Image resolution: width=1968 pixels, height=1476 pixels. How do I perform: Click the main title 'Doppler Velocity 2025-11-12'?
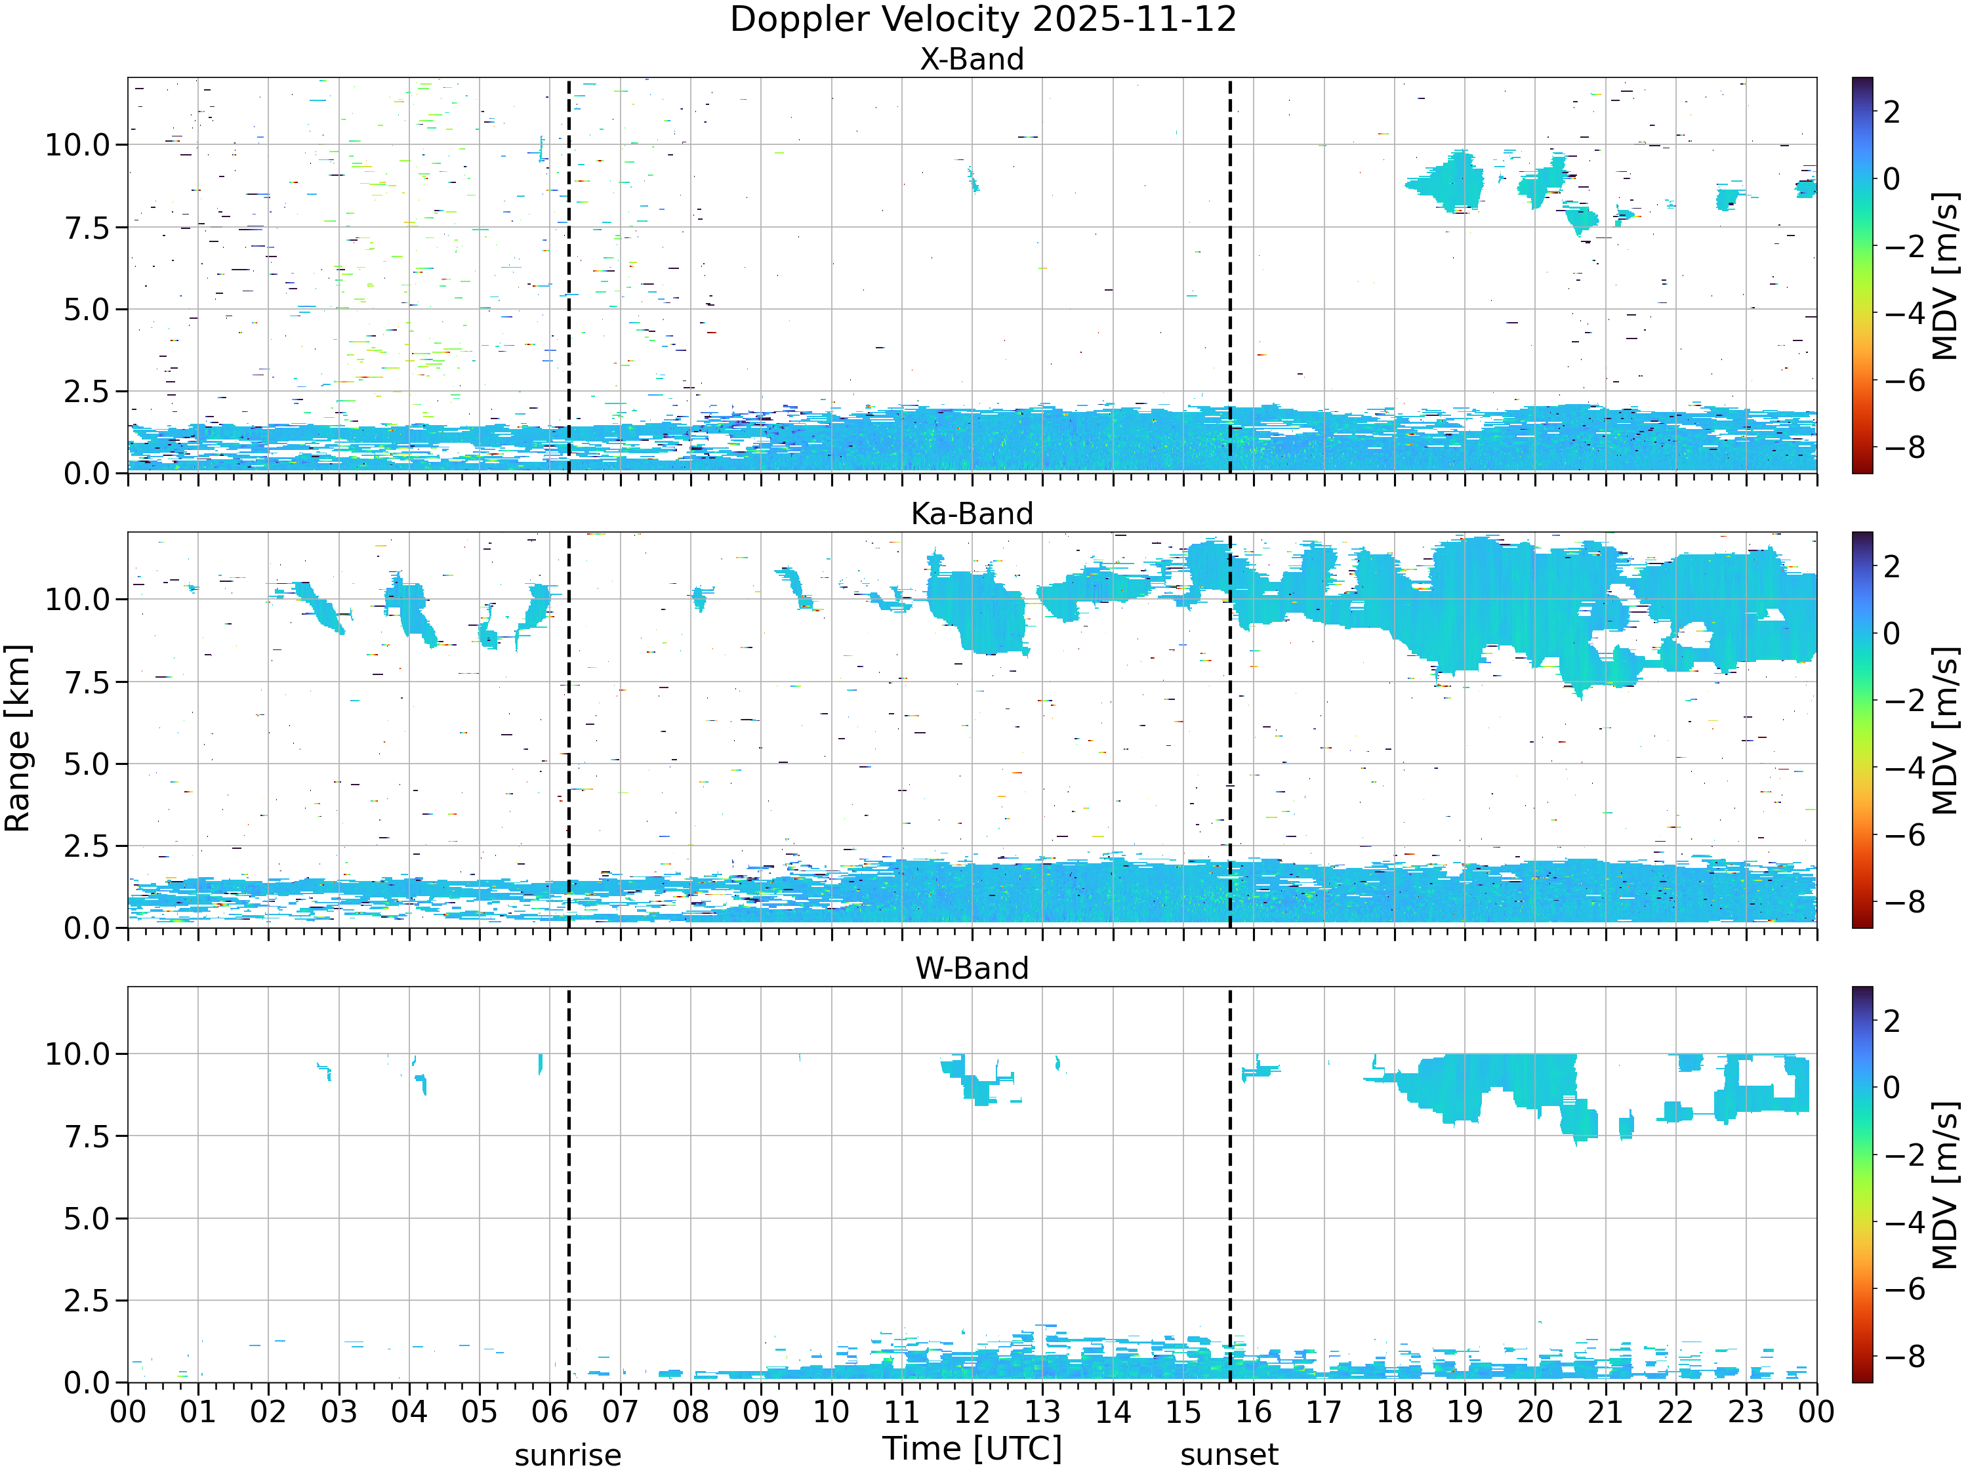[983, 20]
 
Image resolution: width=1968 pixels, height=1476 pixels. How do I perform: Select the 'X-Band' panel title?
[972, 60]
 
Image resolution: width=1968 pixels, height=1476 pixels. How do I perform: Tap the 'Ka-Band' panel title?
[972, 514]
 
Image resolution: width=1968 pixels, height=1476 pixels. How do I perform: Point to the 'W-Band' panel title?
[972, 969]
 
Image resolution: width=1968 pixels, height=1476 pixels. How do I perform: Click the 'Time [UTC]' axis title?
[972, 1448]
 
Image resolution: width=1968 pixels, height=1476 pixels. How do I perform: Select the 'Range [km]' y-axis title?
[18, 739]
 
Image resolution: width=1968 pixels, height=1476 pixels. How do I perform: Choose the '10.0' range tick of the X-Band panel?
[77, 145]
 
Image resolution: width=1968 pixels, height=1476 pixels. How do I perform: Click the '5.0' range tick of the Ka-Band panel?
[87, 764]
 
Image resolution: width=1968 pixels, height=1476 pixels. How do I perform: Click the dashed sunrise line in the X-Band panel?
[569, 275]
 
